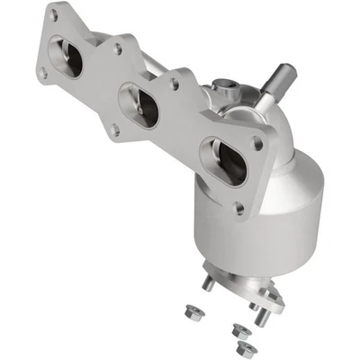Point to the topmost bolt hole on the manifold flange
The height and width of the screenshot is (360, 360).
point(53,15)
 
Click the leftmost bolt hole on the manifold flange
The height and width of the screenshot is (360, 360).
point(42,75)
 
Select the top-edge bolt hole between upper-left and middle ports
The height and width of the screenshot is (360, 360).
point(117,49)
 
